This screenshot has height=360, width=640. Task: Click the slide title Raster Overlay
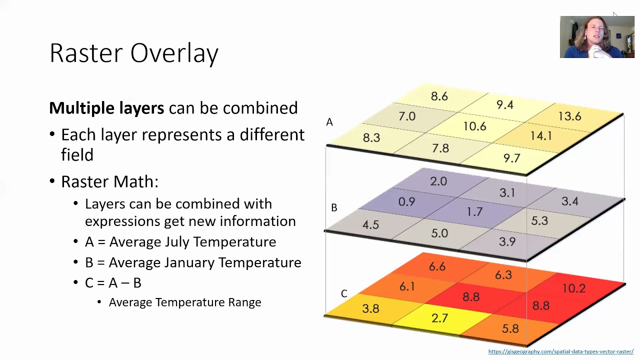coord(134,53)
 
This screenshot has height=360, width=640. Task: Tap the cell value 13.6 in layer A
coord(569,116)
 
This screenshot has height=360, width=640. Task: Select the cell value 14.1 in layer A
coord(541,136)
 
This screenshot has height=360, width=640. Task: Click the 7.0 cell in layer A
coord(407,116)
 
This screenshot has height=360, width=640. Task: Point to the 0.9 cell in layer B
coord(406,201)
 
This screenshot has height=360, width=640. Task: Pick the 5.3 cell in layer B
coord(539,221)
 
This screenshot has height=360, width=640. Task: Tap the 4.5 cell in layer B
coord(370,224)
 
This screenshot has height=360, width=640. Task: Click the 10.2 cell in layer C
coord(573,288)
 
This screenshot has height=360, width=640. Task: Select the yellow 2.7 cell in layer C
coord(439,318)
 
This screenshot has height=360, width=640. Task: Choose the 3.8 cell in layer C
coord(370,308)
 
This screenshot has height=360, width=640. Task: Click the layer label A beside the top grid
coord(329,122)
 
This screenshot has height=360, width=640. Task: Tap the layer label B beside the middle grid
coord(334,207)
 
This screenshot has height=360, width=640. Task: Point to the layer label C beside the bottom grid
coord(344,293)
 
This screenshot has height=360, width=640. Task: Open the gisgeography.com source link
coord(560,351)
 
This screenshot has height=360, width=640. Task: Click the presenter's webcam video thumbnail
coord(597,37)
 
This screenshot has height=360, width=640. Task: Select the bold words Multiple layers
coord(106,108)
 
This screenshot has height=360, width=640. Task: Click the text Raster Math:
coord(109,181)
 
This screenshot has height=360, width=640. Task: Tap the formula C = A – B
coord(113,283)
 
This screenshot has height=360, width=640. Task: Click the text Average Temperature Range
coord(185,302)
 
